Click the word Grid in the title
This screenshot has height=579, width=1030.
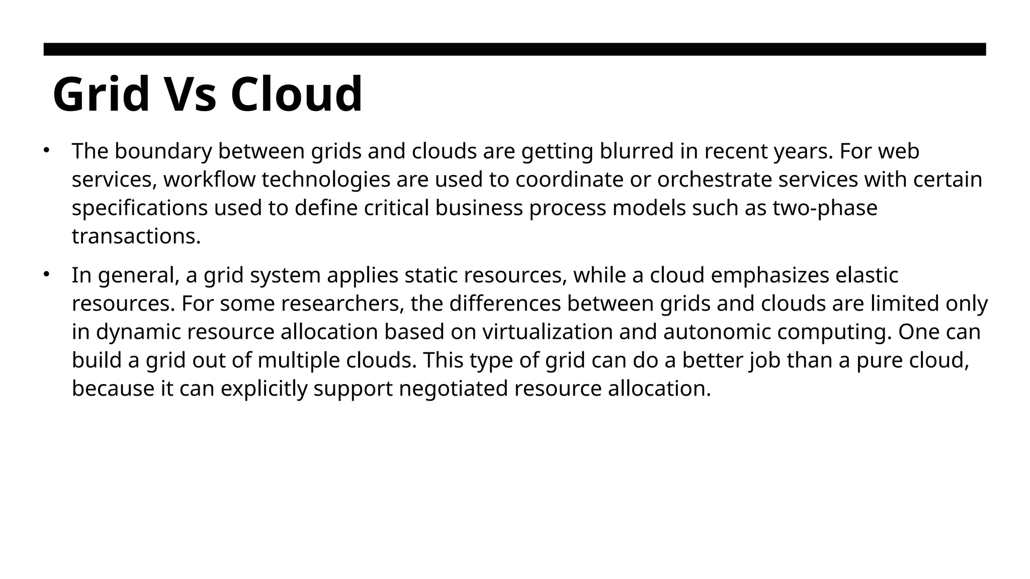coord(101,94)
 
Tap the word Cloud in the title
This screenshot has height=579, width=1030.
coord(296,94)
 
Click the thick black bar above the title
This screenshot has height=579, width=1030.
coord(514,49)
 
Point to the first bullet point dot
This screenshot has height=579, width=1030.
coord(46,150)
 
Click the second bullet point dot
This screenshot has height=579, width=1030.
coord(46,274)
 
